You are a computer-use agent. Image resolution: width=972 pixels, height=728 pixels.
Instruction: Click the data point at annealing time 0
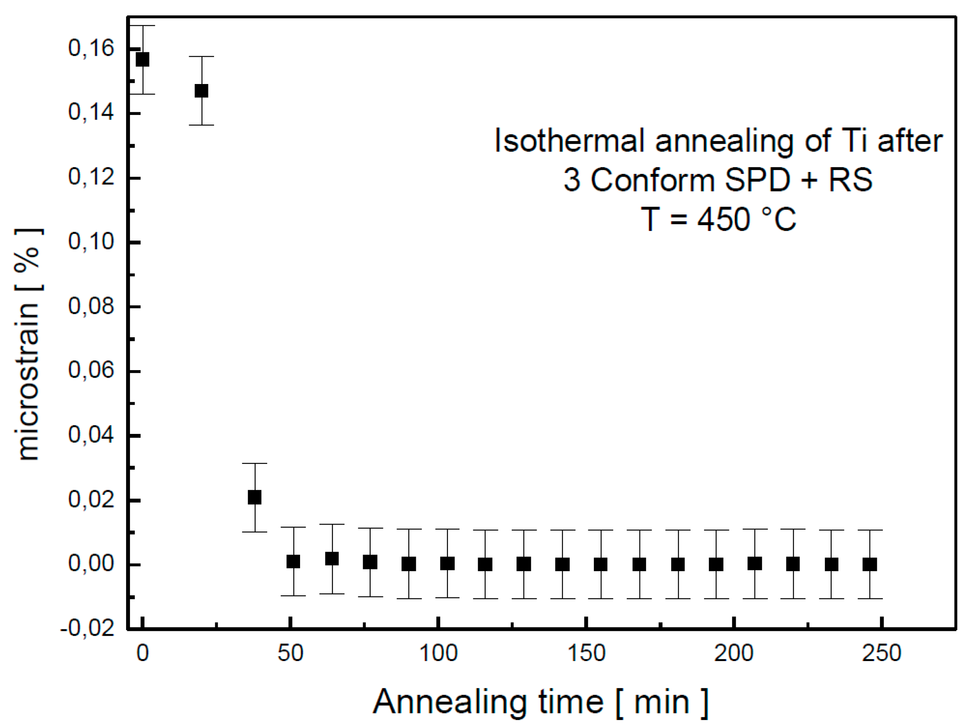click(142, 59)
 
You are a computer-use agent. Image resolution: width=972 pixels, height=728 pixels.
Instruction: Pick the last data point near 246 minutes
click(870, 564)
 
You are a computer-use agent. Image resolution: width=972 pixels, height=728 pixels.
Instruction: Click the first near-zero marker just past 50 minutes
click(293, 562)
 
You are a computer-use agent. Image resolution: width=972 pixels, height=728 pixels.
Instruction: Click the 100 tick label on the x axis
click(438, 653)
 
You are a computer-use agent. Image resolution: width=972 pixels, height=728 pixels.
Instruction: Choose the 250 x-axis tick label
click(882, 653)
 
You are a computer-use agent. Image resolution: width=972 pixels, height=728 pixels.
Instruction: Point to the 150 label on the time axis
click(586, 653)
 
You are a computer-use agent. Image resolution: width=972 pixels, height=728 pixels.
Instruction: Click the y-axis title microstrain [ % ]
click(29, 345)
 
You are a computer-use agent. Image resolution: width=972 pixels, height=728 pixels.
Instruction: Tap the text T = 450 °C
click(718, 219)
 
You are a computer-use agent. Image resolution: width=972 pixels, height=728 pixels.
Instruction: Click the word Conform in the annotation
click(652, 180)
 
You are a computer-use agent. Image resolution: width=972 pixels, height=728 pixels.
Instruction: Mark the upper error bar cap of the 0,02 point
click(254, 464)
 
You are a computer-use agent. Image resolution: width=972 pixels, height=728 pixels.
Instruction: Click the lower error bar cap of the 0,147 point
click(201, 125)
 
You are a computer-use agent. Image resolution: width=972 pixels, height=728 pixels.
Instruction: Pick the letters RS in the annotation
click(850, 180)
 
